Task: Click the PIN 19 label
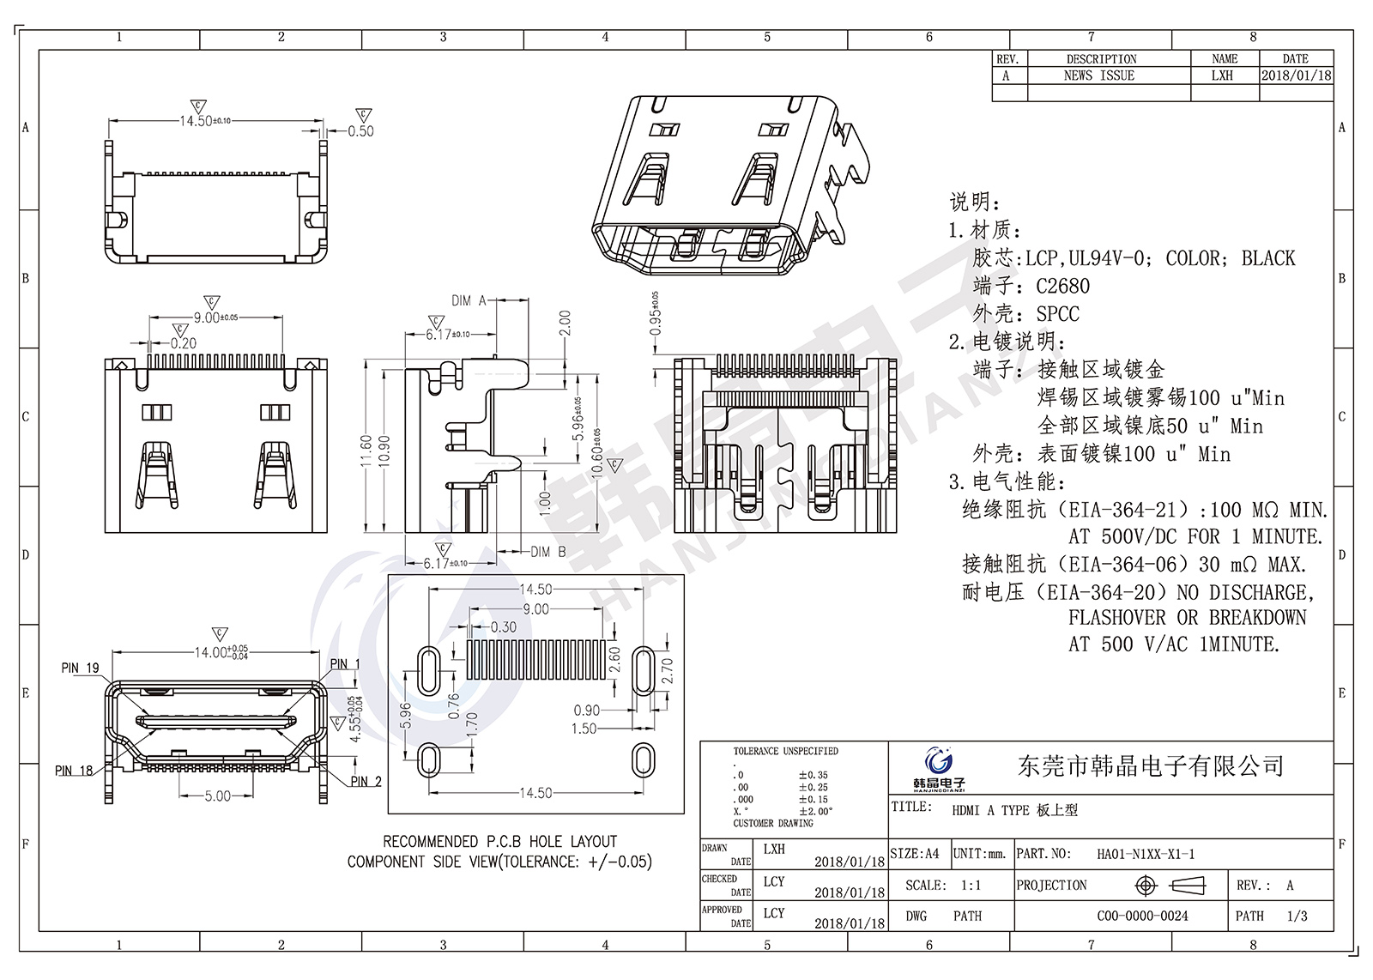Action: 80,668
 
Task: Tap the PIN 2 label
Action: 366,781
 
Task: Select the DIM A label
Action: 469,300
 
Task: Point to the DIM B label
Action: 547,552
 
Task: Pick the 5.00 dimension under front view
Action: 217,796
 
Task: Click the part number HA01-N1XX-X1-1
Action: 1146,854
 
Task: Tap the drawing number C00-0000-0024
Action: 1142,916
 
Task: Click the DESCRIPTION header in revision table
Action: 1101,59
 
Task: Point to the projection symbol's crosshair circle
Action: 1146,886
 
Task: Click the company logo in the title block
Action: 938,765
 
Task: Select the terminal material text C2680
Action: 1062,286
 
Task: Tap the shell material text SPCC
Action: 1057,314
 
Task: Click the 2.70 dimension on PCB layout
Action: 668,670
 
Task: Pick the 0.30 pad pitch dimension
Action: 504,627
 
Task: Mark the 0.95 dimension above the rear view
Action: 655,320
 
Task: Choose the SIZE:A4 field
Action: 915,854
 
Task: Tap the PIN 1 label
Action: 345,664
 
